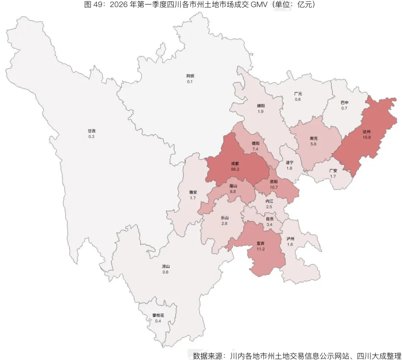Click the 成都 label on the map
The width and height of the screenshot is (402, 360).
point(234,163)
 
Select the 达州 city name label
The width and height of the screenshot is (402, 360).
point(367,132)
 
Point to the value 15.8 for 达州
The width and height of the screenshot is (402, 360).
point(367,137)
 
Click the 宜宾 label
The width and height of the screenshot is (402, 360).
point(261,243)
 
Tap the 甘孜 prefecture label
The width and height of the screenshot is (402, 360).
point(92,131)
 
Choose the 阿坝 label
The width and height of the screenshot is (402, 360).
point(190,76)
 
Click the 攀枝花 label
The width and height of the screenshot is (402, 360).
point(158,315)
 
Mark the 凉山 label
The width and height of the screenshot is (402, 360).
point(166,267)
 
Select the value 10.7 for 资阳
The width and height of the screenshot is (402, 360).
point(274,187)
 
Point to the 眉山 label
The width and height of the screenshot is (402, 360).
point(233,186)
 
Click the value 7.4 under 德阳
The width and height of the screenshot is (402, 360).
point(255,149)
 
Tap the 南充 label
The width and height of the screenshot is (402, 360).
point(313,138)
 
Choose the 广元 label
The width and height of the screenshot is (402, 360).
point(298,94)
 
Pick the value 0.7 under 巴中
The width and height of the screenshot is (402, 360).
point(344,108)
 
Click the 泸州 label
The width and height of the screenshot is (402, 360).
point(290,239)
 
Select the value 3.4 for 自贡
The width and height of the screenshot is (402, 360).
point(269,224)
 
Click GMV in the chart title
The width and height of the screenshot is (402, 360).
point(264,4)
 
